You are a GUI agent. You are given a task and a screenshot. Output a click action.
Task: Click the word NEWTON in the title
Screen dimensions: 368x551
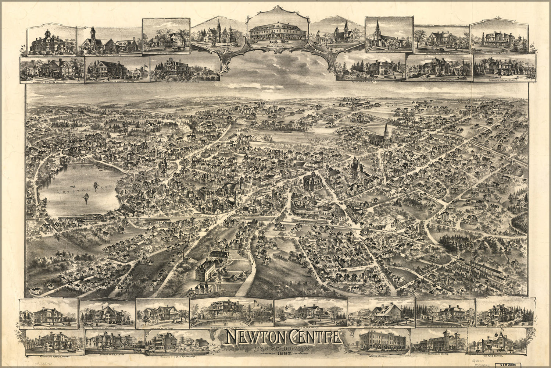tap(251, 337)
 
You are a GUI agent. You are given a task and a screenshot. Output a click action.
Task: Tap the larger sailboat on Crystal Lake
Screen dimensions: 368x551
tap(86, 199)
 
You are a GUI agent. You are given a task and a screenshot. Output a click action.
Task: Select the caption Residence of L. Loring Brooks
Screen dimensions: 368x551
tap(50, 83)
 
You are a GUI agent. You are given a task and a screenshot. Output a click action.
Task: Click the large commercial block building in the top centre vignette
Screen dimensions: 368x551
tap(278, 31)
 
